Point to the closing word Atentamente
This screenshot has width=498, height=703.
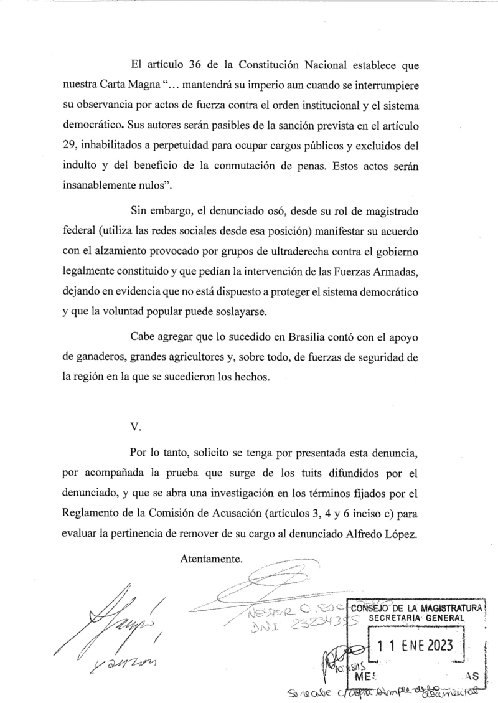click(x=210, y=559)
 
